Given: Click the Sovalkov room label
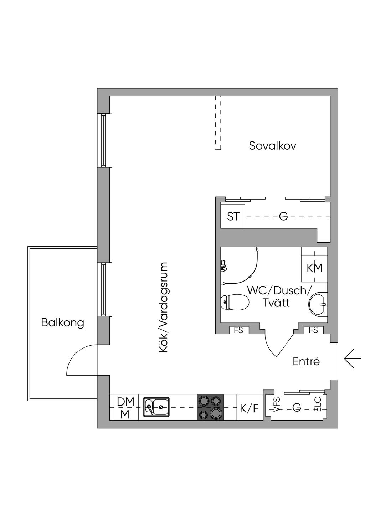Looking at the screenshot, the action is point(272,146).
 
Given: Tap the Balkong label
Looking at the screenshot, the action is point(62,322).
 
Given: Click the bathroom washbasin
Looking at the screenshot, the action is point(318,304).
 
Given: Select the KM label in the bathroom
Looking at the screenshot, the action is point(314,268).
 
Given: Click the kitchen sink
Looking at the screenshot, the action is point(156,407).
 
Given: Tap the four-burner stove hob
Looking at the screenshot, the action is point(210,408).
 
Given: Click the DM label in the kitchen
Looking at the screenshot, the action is point(125,402).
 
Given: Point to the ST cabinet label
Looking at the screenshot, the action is point(233,217).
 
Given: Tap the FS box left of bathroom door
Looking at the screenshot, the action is point(239,330).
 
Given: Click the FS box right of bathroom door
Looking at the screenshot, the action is point(314,330).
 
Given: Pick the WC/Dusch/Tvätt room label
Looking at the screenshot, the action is point(278,297).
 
